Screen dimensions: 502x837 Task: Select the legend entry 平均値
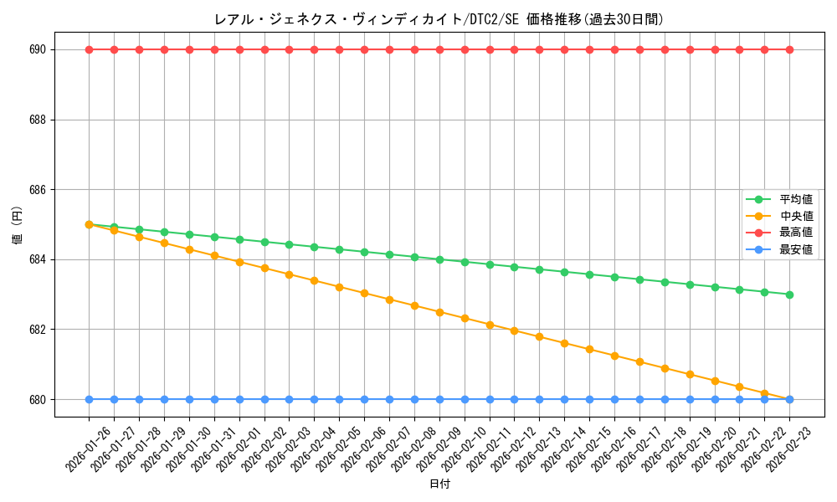[796, 200]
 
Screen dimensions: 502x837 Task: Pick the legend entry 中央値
[796, 217]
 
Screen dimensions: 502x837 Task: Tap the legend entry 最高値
[796, 233]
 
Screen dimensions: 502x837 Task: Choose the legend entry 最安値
[796, 249]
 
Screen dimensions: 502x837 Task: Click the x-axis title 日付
[439, 484]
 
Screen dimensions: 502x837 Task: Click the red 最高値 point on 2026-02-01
[239, 49]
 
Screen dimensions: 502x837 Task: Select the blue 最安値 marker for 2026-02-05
[339, 399]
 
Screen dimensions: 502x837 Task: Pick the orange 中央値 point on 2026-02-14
[564, 343]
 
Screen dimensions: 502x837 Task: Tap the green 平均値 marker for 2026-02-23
[789, 295]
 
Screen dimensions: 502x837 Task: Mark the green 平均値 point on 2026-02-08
[414, 257]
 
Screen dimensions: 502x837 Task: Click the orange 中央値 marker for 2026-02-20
[715, 381]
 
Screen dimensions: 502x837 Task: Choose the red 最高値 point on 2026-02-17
[639, 49]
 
